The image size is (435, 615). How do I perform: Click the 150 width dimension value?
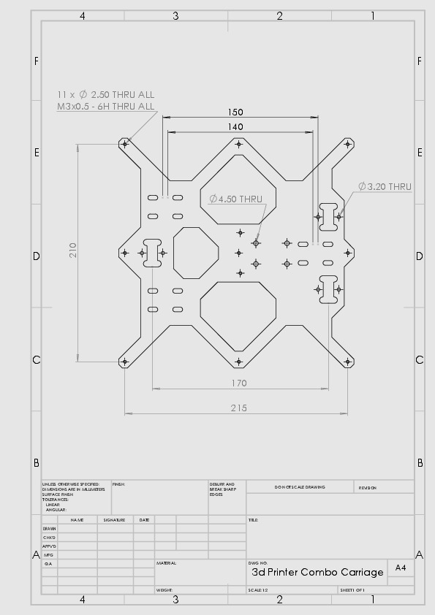click(235, 112)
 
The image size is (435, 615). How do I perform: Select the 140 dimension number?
click(235, 127)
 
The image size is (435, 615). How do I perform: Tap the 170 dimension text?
click(239, 383)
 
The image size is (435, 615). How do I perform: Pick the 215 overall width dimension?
click(239, 408)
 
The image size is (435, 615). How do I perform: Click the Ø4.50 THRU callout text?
click(235, 199)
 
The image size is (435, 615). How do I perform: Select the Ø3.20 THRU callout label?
click(385, 186)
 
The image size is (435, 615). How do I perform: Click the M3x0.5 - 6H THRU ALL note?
click(106, 106)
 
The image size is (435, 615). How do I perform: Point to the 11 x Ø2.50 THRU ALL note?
click(106, 94)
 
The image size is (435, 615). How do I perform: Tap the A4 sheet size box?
click(401, 568)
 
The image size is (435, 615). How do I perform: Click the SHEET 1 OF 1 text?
click(352, 590)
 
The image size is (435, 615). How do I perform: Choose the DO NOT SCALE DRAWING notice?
click(300, 487)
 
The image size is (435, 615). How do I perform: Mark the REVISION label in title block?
click(368, 487)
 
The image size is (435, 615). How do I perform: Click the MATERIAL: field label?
click(166, 563)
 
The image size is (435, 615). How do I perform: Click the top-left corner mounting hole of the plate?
click(125, 144)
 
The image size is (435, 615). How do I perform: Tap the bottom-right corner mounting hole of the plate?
click(347, 361)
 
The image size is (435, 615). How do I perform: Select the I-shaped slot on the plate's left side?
click(154, 253)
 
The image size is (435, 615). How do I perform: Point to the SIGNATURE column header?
click(115, 520)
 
